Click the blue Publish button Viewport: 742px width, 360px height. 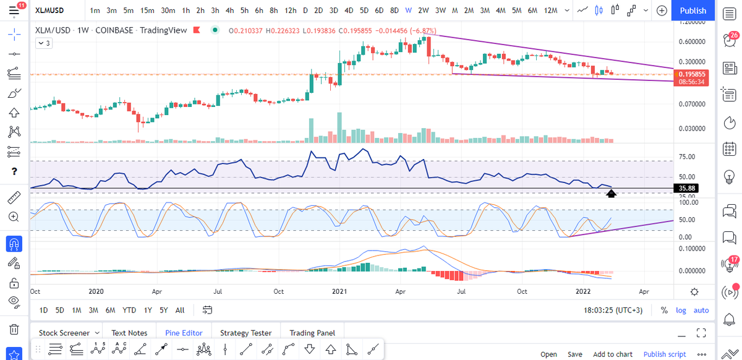click(x=693, y=11)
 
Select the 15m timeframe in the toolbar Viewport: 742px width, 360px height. click(x=147, y=11)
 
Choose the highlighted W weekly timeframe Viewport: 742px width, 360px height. click(x=409, y=11)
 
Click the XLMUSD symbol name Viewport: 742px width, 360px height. click(x=51, y=11)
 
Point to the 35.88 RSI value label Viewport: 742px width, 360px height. click(x=687, y=188)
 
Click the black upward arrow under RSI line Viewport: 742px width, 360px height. click(x=611, y=194)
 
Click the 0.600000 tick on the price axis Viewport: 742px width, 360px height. click(x=691, y=41)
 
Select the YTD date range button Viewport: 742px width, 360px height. click(x=129, y=310)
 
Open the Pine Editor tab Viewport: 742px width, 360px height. click(x=184, y=333)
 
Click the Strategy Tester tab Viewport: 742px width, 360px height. click(x=245, y=333)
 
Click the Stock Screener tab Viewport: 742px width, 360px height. click(x=65, y=333)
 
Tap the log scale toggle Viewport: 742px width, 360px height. click(x=681, y=310)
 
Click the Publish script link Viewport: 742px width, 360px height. click(x=665, y=354)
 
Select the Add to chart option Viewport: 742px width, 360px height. click(x=612, y=354)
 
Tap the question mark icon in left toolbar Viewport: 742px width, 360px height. click(x=14, y=171)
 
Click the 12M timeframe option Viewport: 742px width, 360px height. click(x=550, y=11)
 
